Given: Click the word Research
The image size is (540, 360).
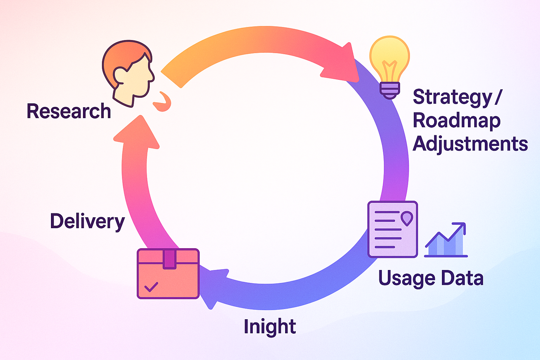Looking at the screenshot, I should (69, 111).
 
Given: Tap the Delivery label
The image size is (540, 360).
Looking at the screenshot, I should (88, 221).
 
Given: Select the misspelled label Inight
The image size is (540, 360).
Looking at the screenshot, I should (270, 327).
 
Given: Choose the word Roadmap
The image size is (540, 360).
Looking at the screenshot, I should (456, 121).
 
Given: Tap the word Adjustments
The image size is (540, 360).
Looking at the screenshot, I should (470, 144).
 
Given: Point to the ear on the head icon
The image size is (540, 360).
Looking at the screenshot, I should (120, 75).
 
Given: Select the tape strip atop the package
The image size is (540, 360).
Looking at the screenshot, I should (169, 259).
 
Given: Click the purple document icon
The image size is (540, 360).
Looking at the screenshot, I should (392, 229).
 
